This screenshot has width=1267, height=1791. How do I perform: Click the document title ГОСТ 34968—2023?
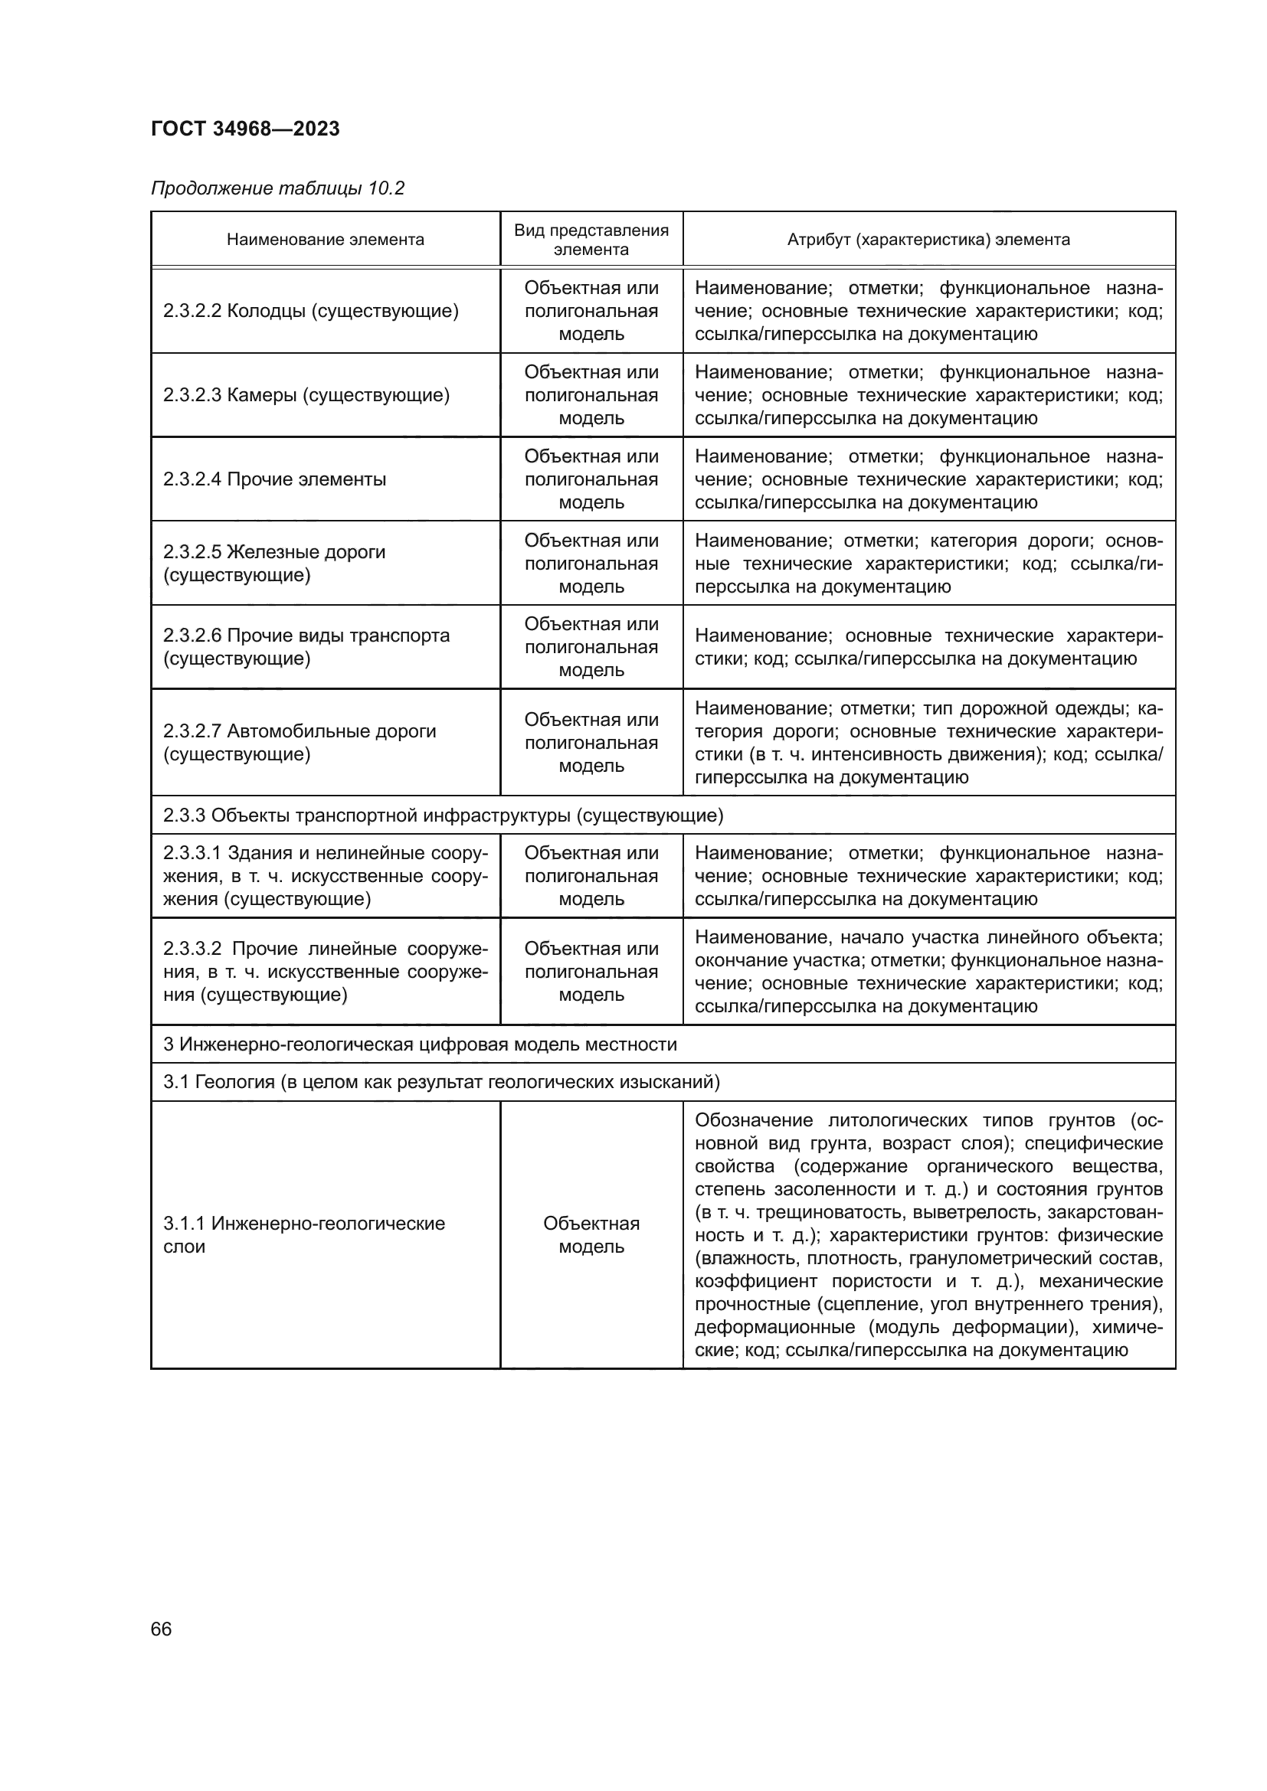click(x=245, y=129)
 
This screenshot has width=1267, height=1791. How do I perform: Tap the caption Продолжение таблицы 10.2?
click(x=278, y=188)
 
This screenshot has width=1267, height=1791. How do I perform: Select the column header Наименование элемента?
click(x=326, y=240)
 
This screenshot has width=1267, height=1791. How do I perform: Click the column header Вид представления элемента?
click(x=591, y=240)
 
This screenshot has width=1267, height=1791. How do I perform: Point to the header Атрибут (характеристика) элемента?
click(x=928, y=240)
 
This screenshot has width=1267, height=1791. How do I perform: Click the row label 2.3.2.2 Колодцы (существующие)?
click(x=310, y=311)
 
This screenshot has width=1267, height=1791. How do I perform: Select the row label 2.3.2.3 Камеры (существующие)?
click(x=306, y=395)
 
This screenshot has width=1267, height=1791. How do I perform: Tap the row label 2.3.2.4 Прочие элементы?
click(x=275, y=479)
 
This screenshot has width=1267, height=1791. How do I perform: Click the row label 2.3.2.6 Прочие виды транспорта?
click(x=306, y=647)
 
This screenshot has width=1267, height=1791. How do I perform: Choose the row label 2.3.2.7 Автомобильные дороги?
click(x=299, y=742)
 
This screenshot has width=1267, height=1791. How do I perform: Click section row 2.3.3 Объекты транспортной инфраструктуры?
click(x=443, y=815)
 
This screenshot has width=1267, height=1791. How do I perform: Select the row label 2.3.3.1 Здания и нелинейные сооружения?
click(x=326, y=875)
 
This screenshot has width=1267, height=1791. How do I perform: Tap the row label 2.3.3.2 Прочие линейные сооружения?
click(x=326, y=971)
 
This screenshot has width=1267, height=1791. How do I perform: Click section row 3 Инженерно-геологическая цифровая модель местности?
click(x=420, y=1044)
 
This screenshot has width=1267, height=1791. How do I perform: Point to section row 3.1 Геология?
click(x=440, y=1082)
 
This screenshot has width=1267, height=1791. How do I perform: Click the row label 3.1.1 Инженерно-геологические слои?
click(x=303, y=1235)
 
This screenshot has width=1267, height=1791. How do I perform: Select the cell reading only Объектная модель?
click(x=591, y=1235)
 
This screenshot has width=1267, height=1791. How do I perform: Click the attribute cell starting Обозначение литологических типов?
click(x=928, y=1235)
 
